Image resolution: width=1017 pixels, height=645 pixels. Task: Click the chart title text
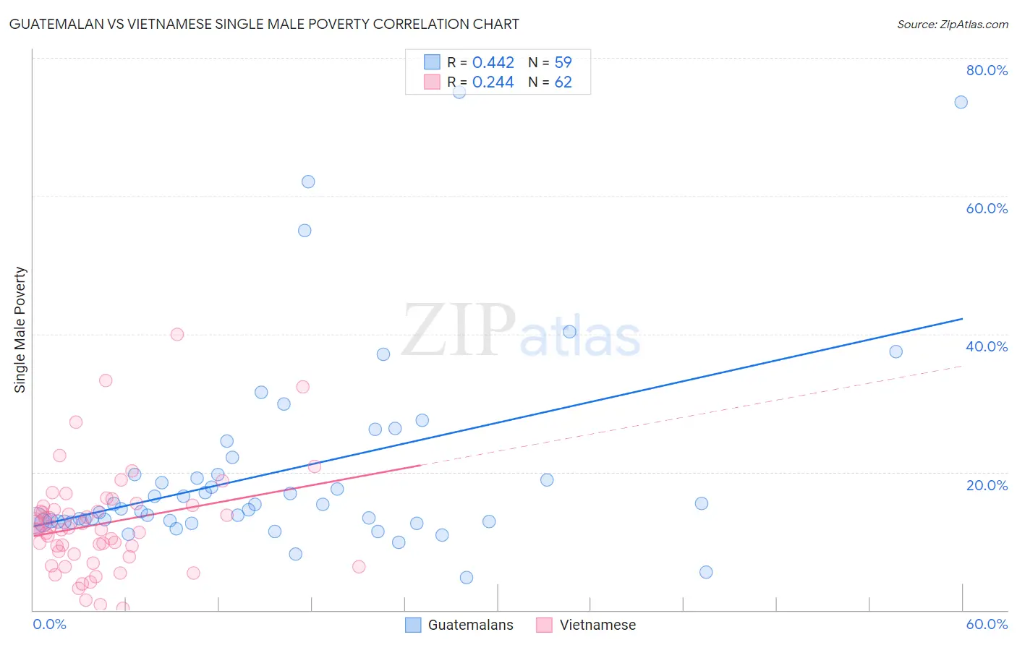(264, 24)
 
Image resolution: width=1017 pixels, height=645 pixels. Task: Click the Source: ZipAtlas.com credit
(952, 24)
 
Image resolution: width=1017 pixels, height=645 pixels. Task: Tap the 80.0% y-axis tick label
(987, 70)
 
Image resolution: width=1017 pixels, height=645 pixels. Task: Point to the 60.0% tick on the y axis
(987, 208)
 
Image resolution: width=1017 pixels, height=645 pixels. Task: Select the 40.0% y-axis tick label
(987, 346)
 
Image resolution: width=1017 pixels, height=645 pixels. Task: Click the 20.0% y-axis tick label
(987, 485)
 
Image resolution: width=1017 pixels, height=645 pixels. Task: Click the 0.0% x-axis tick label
(49, 624)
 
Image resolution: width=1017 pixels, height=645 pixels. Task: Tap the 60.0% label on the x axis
(987, 624)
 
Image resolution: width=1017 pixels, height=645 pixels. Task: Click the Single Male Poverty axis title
(20, 330)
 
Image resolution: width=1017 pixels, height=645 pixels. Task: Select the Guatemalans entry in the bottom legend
(470, 625)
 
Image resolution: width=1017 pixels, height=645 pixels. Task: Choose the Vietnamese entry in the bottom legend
(597, 625)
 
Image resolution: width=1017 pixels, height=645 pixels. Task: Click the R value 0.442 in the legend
(493, 63)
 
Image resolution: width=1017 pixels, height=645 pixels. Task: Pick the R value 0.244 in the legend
(493, 82)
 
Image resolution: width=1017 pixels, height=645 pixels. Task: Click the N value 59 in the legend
(563, 63)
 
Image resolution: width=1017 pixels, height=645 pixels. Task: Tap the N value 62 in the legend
(563, 82)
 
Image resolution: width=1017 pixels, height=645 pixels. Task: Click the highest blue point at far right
(961, 102)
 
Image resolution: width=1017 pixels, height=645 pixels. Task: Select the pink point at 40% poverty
(177, 334)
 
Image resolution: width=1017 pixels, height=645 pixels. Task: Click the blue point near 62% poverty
(308, 181)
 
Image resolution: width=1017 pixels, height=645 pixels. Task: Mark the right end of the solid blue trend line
(962, 319)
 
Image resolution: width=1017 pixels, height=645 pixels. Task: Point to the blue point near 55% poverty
(305, 231)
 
